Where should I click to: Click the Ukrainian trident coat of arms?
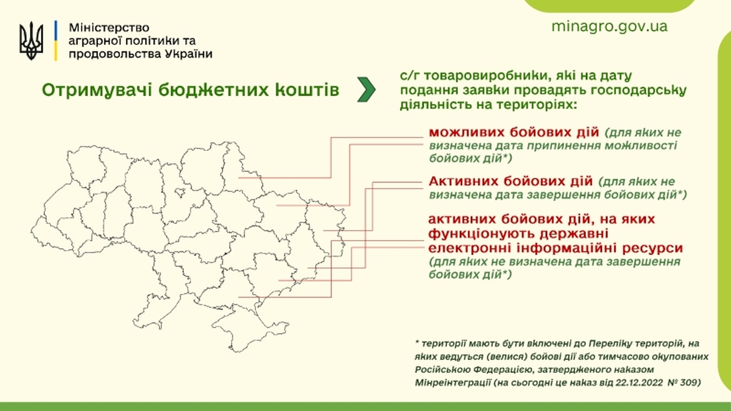click(x=31, y=41)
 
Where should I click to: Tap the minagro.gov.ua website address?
click(x=609, y=27)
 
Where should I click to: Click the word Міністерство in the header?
click(x=108, y=27)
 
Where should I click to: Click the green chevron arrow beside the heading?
click(x=366, y=90)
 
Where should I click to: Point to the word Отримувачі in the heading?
click(x=97, y=90)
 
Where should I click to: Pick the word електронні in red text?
click(x=470, y=248)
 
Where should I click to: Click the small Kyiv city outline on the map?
click(x=180, y=192)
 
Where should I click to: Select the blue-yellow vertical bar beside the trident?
click(x=56, y=40)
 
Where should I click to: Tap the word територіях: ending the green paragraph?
click(x=537, y=105)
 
